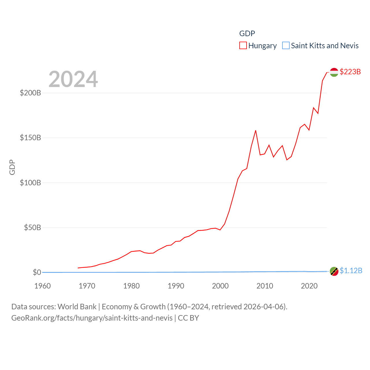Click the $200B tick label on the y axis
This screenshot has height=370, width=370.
pos(30,93)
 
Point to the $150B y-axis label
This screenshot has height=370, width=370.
pos(30,138)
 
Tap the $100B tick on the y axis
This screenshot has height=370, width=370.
pos(30,183)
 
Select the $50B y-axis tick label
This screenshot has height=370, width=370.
pos(32,227)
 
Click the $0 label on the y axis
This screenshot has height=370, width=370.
pos(37,272)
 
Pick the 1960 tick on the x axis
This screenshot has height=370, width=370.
pos(42,286)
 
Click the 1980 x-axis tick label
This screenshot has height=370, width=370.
pos(132,286)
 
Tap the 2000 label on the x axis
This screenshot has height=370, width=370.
pos(220,286)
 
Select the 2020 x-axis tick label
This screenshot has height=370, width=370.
pos(309,286)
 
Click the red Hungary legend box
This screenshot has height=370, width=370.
pos(243,46)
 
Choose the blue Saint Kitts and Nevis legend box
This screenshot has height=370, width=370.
pos(286,46)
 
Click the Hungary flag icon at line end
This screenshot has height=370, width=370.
pos(334,72)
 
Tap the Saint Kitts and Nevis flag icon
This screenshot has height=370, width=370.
pos(334,271)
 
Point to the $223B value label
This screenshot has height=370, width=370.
pos(350,72)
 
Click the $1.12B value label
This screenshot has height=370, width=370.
pos(351,271)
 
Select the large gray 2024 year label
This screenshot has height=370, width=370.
pos(73,79)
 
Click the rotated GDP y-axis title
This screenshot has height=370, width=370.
pos(12,167)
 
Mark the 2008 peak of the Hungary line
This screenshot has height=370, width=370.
pos(256,131)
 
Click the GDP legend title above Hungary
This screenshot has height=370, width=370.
pos(247,34)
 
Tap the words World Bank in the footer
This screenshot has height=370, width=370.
pos(77,306)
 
